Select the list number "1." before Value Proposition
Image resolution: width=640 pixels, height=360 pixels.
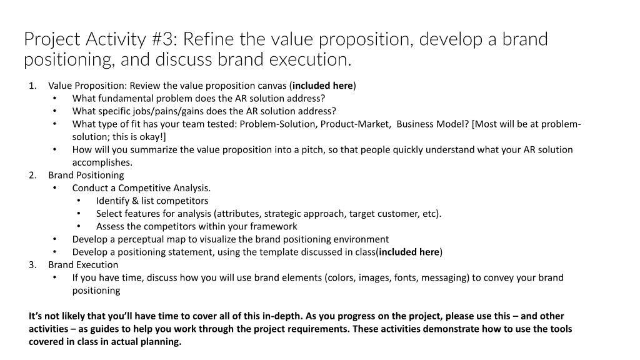coord(32,86)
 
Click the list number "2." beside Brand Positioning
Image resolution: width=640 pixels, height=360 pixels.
coord(32,175)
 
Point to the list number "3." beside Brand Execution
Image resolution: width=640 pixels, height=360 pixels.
coord(32,264)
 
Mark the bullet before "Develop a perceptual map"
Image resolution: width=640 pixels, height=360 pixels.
coord(55,239)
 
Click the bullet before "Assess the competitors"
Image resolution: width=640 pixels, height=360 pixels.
coord(79,226)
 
